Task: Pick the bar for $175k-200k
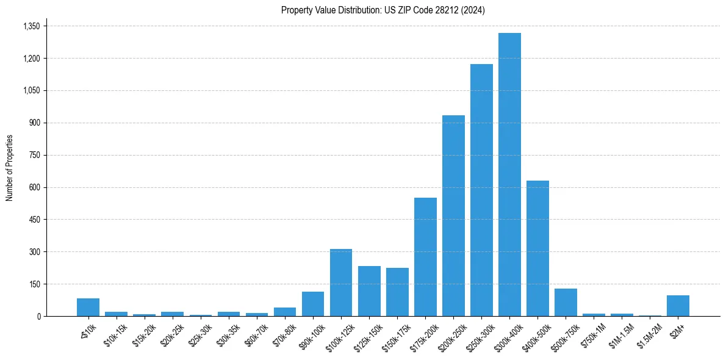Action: [425, 257]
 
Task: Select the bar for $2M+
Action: [678, 306]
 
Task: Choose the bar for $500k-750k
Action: [566, 302]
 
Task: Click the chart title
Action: [383, 10]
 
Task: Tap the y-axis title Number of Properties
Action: [10, 168]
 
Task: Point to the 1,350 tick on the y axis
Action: [31, 26]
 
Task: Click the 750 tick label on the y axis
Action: [34, 155]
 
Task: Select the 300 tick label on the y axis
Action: [34, 252]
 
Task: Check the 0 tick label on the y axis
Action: [38, 316]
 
